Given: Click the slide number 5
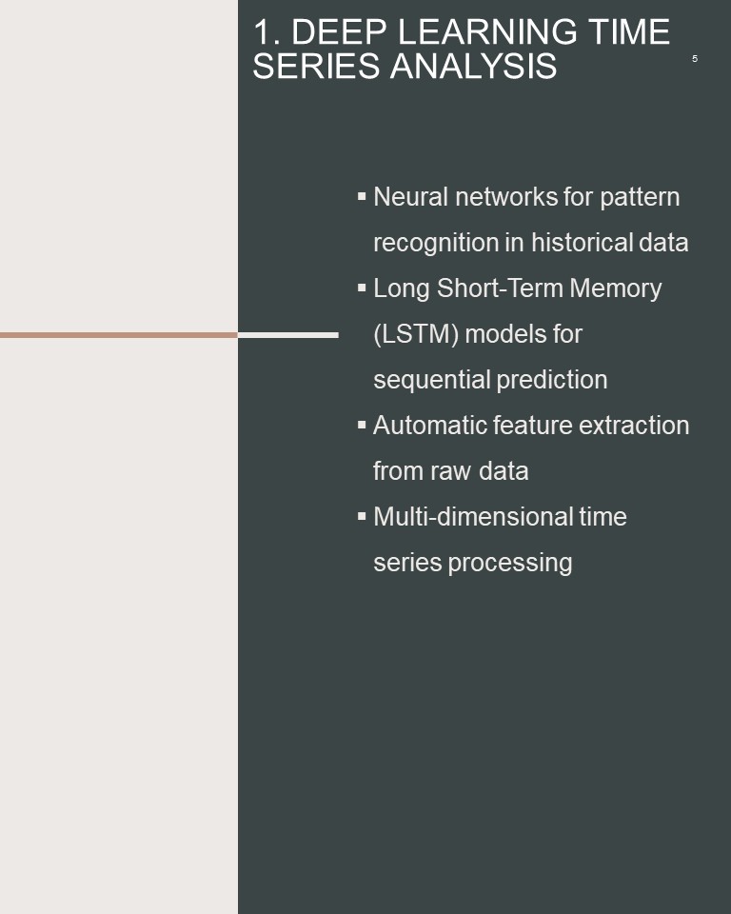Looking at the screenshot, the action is [x=694, y=58].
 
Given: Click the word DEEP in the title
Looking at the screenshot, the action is [x=339, y=31].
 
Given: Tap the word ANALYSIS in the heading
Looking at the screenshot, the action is [x=473, y=66].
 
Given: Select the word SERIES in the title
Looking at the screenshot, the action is [x=316, y=66].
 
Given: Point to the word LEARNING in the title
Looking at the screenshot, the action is [x=487, y=31].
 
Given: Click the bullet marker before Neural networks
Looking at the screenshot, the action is [x=362, y=196].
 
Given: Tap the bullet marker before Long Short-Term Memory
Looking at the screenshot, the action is [x=362, y=288].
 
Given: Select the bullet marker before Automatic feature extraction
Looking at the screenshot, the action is [x=362, y=425].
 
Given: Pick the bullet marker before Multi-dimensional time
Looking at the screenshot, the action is [x=362, y=516].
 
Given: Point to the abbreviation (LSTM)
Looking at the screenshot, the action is [x=416, y=334].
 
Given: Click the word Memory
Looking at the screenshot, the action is [x=616, y=289].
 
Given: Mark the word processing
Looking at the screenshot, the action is [x=510, y=564].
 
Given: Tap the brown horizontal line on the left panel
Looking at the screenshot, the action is [x=119, y=335].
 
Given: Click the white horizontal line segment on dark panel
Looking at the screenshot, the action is [x=288, y=335].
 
